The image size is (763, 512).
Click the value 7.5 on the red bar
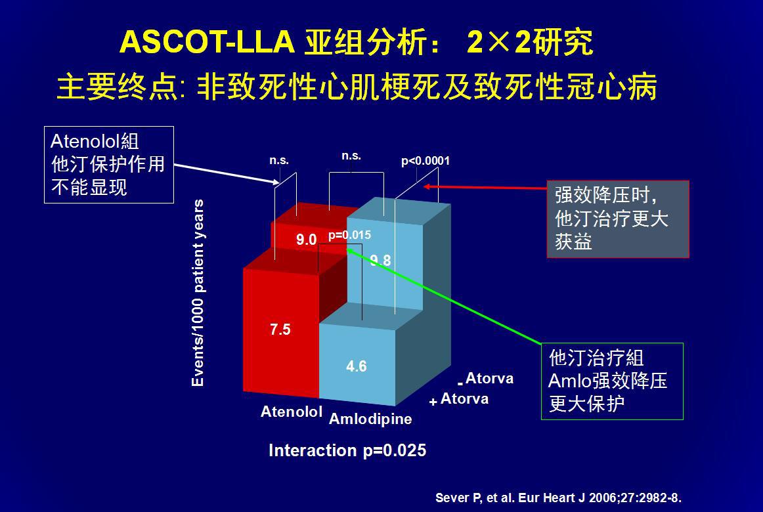[x=280, y=330]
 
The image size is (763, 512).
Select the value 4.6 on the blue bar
[x=356, y=366]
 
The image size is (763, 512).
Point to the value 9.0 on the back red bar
[x=307, y=240]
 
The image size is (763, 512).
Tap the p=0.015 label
[x=349, y=235]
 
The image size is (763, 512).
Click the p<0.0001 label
[x=425, y=161]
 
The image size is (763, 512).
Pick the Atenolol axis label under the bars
[x=292, y=412]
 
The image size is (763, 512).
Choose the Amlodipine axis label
[x=370, y=419]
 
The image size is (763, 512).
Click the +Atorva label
[x=459, y=399]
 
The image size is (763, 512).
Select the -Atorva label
[x=485, y=378]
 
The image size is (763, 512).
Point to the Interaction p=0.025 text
[x=347, y=450]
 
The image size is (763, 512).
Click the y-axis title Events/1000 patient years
[x=198, y=293]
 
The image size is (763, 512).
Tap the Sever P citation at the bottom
[x=558, y=498]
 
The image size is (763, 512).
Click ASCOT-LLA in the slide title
[x=207, y=41]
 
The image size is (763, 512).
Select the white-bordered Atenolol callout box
[x=109, y=165]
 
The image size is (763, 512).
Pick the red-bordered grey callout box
[x=618, y=219]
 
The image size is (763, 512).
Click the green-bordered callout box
[x=612, y=381]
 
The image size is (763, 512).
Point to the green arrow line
[x=444, y=297]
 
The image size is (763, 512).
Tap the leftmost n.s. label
[x=279, y=160]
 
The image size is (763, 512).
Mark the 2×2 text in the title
[x=498, y=42]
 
